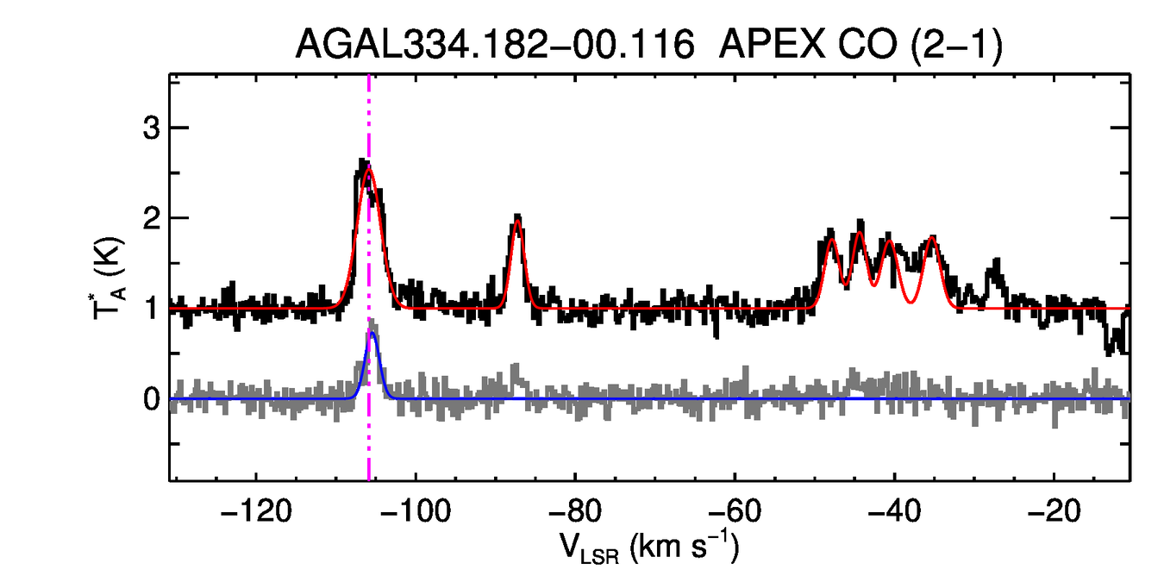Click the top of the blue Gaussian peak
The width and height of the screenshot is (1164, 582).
[372, 333]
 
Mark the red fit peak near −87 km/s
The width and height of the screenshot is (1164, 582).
[516, 222]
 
